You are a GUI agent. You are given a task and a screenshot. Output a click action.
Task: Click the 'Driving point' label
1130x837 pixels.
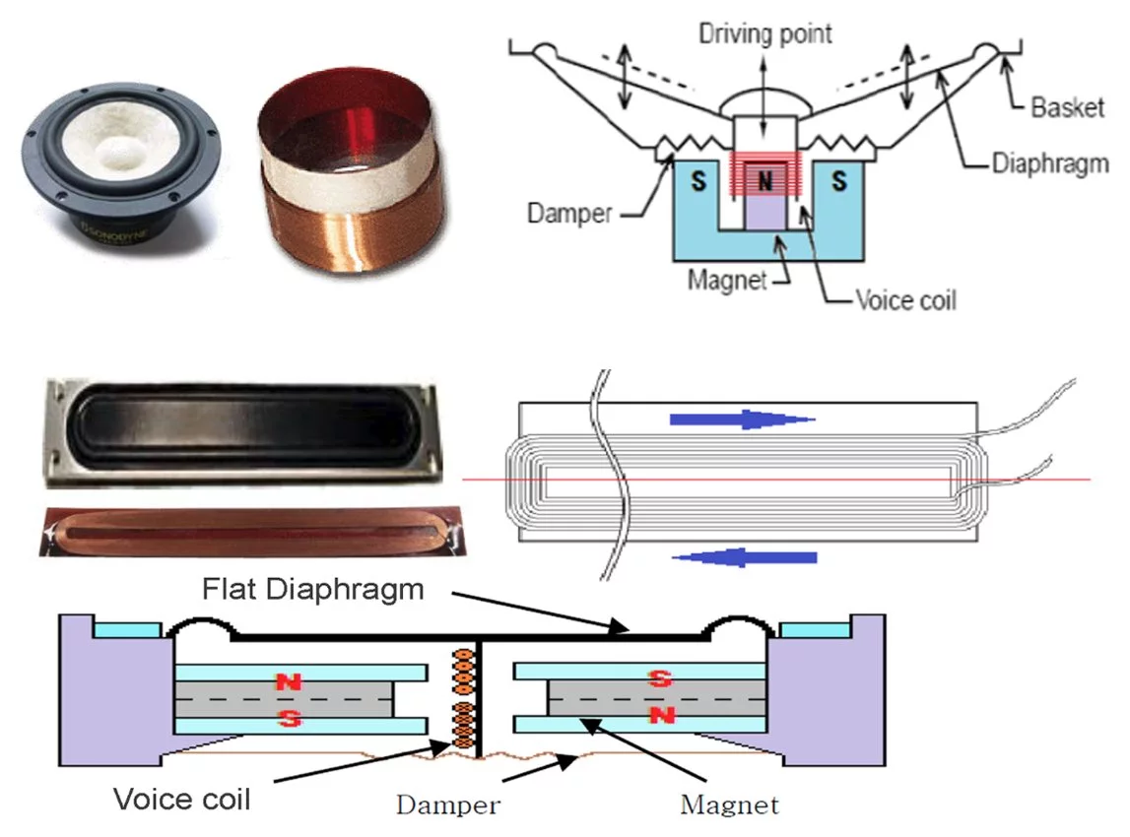(765, 33)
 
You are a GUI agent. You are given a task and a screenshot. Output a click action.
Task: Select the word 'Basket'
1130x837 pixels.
(1068, 106)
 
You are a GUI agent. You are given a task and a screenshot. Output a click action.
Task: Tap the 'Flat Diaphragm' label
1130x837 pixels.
(313, 589)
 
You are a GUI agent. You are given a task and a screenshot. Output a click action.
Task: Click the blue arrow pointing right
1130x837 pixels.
(741, 419)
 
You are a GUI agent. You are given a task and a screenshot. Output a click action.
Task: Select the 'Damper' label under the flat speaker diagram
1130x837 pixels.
(447, 805)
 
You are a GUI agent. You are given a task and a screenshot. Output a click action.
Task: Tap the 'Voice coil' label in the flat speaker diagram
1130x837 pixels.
(182, 798)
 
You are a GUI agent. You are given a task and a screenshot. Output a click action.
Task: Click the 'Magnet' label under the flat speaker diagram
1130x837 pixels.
(729, 805)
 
